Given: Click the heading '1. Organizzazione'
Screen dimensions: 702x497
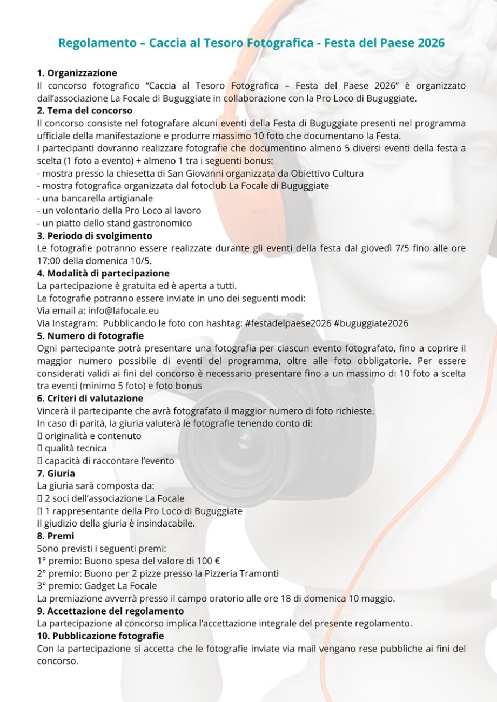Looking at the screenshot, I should click(x=77, y=73).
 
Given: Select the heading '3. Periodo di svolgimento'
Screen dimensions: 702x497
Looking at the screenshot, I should click(x=94, y=236).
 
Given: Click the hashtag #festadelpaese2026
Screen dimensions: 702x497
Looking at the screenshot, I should click(x=287, y=323).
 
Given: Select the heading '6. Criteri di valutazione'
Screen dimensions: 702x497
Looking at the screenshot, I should click(x=90, y=399).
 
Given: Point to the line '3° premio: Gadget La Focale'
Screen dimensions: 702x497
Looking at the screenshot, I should click(x=97, y=586).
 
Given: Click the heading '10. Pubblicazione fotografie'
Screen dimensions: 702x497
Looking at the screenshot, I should click(x=100, y=636).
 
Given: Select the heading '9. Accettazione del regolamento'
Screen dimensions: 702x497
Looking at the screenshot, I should click(x=110, y=611).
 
